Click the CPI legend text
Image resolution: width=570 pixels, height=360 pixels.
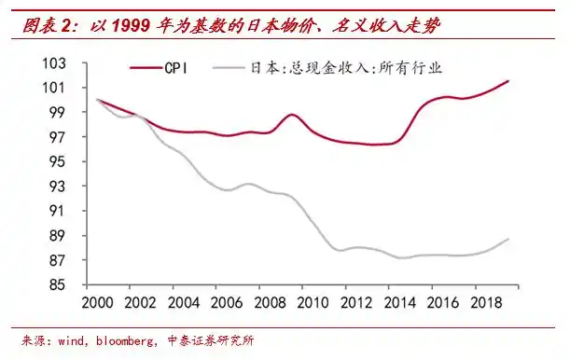pos(178,68)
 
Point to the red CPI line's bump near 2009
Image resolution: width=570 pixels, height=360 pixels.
pos(292,115)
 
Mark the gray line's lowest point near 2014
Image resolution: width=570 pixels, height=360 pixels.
pos(403,257)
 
